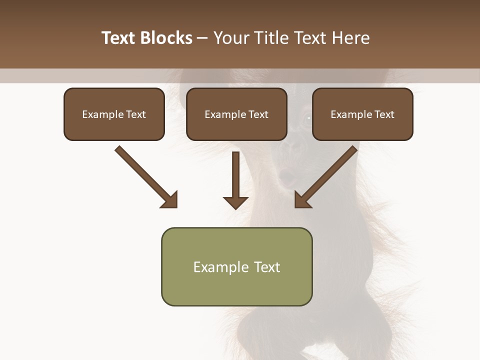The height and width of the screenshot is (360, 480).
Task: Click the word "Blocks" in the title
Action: click(167, 38)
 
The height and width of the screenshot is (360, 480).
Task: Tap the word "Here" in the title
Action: click(349, 38)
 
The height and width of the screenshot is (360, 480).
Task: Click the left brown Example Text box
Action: click(114, 114)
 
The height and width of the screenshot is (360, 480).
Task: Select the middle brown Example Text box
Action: click(236, 114)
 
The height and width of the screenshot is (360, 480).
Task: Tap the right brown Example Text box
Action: click(362, 114)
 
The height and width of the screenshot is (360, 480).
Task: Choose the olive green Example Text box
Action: click(236, 266)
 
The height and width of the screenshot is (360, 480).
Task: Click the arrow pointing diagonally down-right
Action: click(145, 175)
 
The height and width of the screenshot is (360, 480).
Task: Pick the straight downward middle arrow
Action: click(235, 177)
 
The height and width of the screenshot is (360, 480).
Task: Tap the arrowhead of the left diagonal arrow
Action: click(170, 200)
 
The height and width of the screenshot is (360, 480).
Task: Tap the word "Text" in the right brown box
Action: click(384, 114)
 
